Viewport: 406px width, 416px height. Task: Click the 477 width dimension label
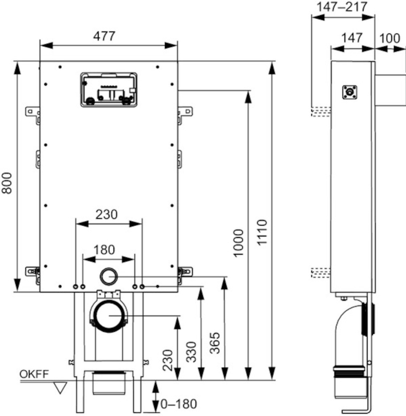(104, 36)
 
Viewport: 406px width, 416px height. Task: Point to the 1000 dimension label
(238, 243)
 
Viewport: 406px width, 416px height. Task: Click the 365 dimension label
(215, 343)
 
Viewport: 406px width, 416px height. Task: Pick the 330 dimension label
(191, 352)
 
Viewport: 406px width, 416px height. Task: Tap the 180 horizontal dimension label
(104, 250)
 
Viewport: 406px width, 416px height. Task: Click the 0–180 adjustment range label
(179, 404)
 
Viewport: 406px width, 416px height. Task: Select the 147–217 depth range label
(342, 7)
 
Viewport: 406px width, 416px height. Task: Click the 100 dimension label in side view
(389, 38)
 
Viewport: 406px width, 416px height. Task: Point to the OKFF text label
(34, 374)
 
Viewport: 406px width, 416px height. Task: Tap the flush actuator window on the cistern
(109, 89)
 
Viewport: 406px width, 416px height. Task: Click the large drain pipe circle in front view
(109, 316)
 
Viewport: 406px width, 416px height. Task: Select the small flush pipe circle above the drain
(109, 277)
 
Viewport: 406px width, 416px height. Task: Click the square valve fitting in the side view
(349, 92)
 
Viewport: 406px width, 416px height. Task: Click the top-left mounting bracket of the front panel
(33, 114)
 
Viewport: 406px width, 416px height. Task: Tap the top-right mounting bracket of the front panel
(185, 114)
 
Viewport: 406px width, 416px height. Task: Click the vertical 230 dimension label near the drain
(168, 360)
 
